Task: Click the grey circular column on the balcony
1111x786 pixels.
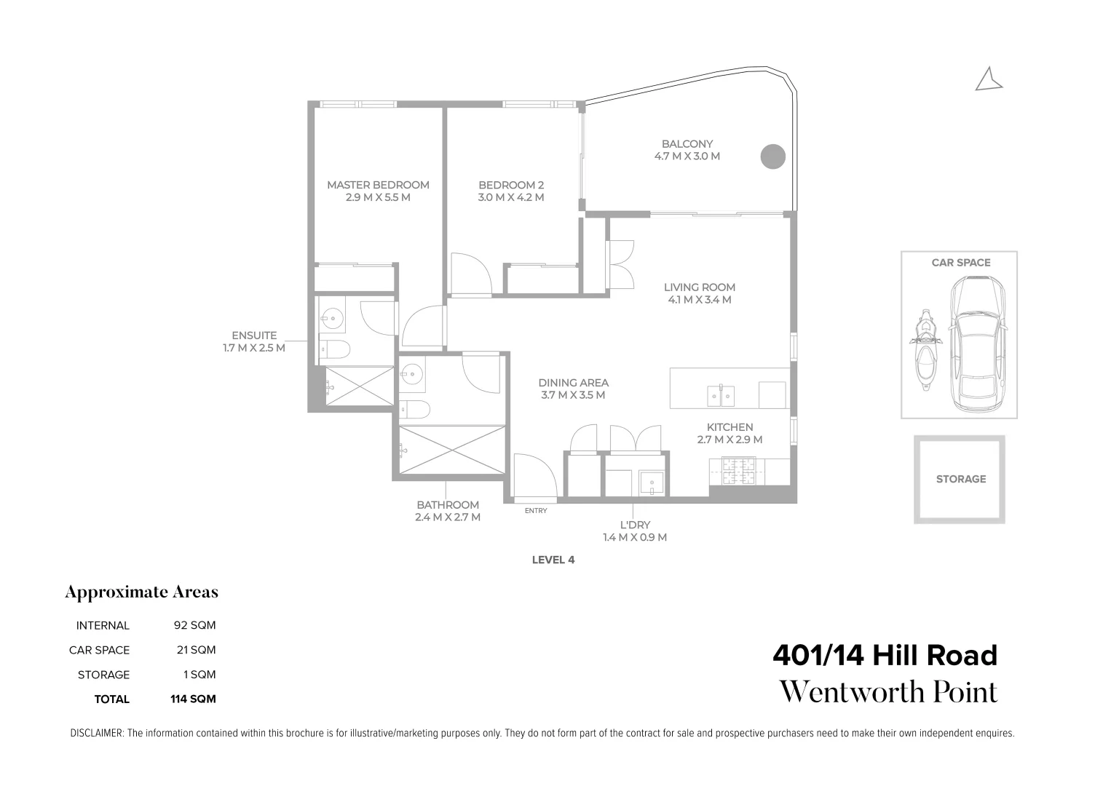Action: pos(773,156)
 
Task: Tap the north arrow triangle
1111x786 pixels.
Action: pos(989,81)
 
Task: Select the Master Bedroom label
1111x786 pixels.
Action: pos(378,185)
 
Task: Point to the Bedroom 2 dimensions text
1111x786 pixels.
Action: pos(510,197)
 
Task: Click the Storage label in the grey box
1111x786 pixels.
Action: pos(960,479)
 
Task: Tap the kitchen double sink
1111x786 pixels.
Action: pos(721,395)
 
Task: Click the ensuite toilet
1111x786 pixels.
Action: pos(336,349)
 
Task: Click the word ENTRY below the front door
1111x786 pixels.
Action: pos(535,511)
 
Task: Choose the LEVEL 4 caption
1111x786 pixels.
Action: pos(553,560)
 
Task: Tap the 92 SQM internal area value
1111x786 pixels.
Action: pos(194,625)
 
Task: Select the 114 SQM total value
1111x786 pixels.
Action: pos(193,699)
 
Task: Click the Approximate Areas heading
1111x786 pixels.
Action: pos(141,592)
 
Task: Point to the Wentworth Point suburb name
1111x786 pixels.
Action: pos(888,692)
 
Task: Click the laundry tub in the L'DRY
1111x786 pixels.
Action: pos(652,483)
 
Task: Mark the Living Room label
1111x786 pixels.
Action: pos(699,287)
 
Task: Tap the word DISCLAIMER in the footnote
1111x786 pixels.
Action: pos(96,734)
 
